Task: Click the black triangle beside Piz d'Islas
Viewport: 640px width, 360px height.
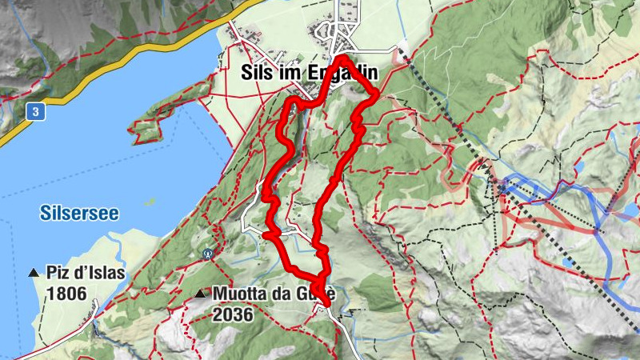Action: click(34, 273)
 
